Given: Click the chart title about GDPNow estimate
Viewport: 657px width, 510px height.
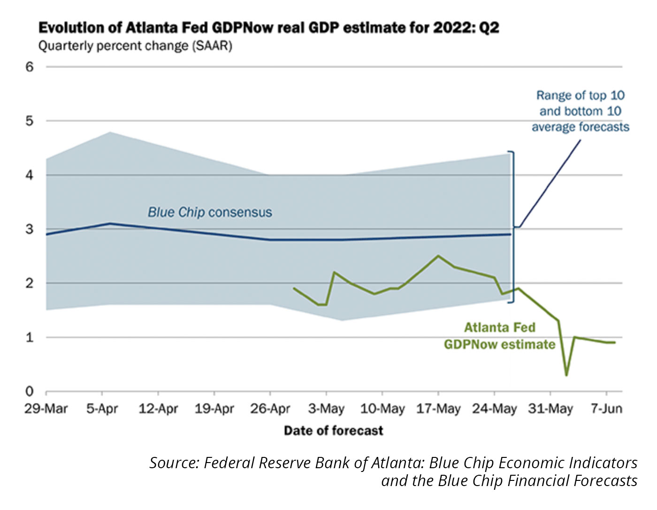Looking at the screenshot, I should [268, 28].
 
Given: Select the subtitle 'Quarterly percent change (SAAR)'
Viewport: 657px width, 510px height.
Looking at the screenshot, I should [135, 46].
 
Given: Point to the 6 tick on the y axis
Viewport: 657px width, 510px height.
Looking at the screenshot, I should [30, 67].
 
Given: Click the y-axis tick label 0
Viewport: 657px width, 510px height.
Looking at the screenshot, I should [30, 391].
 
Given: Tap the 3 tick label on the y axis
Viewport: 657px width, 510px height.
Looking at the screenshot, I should [30, 229].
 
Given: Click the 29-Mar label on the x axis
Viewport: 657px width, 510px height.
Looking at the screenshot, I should [46, 409].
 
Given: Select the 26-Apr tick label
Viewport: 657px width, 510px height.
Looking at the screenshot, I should [270, 409].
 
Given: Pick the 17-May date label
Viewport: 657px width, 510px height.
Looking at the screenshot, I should [438, 409].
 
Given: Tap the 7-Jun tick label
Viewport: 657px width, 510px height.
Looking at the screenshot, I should [606, 409].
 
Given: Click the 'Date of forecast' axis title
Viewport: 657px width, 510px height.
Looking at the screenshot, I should [333, 430].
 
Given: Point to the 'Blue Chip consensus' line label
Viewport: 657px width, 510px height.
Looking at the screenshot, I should [210, 212].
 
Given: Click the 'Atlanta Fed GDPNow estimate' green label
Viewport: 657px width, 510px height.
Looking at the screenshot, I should [499, 336].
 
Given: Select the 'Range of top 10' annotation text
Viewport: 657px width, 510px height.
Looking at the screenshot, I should [581, 96].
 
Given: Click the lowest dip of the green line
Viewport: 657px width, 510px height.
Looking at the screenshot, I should [566, 375].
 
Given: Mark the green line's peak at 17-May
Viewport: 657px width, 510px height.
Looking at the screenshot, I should [438, 256].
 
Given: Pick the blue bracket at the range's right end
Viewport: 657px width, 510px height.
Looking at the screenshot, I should [513, 227].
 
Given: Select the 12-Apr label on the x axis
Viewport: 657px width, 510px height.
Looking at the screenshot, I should [158, 409].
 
